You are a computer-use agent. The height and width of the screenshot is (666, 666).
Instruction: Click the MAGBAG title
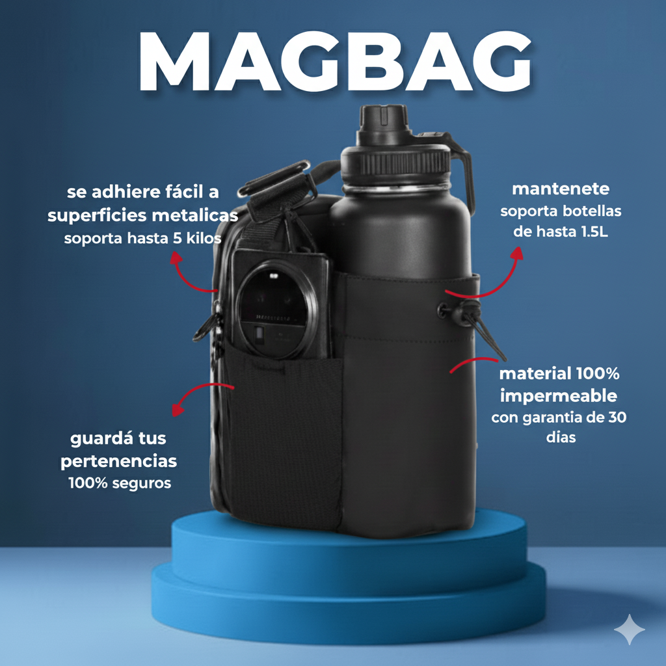pyautogui.click(x=335, y=61)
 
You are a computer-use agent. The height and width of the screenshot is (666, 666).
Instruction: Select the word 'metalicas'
pyautogui.click(x=195, y=215)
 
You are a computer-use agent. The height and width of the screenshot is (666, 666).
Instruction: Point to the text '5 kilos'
pyautogui.click(x=197, y=238)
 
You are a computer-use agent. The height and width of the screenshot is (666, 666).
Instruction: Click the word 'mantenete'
pyautogui.click(x=561, y=189)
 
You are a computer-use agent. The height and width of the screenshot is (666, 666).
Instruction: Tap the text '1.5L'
pyautogui.click(x=594, y=232)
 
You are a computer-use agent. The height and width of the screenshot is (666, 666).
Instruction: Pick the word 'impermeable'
pyautogui.click(x=559, y=396)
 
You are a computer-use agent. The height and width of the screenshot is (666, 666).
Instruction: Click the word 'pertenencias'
pyautogui.click(x=118, y=461)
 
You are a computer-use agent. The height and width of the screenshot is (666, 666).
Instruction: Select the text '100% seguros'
pyautogui.click(x=120, y=483)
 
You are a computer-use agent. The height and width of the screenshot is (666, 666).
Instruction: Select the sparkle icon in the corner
pyautogui.click(x=630, y=629)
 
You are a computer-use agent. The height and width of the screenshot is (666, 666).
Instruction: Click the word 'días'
pyautogui.click(x=561, y=437)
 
